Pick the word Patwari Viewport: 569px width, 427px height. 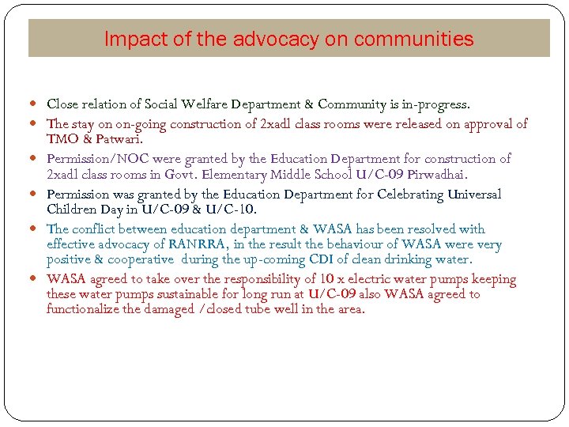[118, 139]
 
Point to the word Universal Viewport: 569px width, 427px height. [474, 194]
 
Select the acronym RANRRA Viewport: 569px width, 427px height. [194, 244]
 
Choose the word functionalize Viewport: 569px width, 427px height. [84, 309]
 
